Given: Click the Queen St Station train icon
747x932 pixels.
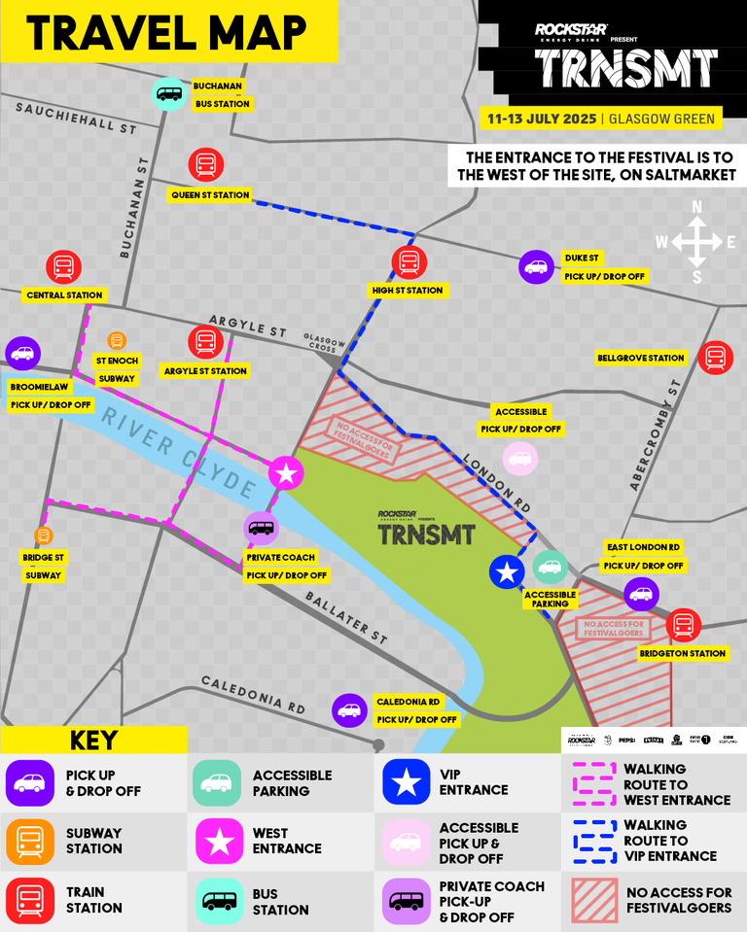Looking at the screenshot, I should tap(206, 165).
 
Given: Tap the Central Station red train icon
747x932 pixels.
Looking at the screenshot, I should tap(64, 266).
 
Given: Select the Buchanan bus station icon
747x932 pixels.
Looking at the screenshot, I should tap(169, 94).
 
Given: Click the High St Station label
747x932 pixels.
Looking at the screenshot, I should tap(407, 291).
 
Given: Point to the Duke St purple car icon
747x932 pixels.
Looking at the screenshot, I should tap(536, 266).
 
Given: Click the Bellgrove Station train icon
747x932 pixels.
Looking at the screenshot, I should tap(716, 358).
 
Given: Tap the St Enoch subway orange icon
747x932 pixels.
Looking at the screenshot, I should tap(117, 340).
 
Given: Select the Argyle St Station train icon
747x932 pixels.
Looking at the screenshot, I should tap(205, 341).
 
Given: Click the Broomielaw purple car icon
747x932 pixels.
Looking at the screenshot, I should tap(22, 354).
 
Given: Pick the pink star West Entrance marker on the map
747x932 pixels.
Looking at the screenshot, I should tap(286, 474).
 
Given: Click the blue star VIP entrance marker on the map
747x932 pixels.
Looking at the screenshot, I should tap(506, 572).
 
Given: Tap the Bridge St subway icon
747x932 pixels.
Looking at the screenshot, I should tap(43, 535).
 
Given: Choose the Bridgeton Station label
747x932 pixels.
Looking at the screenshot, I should tap(682, 654).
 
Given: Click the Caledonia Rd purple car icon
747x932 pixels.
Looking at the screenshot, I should tap(349, 710).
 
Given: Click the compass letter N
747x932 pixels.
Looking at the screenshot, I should tap(696, 207).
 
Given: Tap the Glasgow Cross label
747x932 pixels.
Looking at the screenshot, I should tap(324, 337).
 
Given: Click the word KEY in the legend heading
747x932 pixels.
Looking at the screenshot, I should tap(93, 740).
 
